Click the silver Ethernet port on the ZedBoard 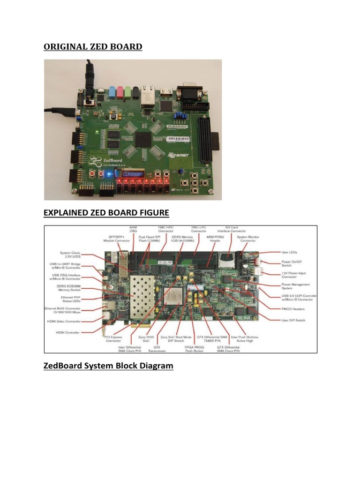point(146,97)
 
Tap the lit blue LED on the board point(108,174)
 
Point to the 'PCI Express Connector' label point(113,338)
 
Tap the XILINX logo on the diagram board point(247,317)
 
